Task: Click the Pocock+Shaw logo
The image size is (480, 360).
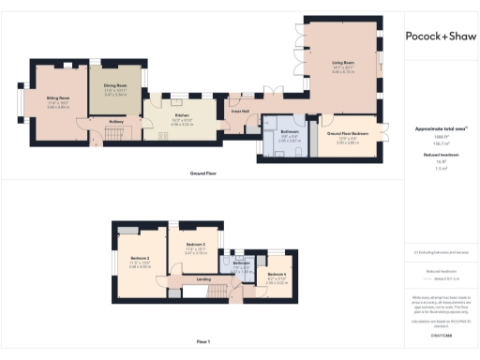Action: (x=440, y=37)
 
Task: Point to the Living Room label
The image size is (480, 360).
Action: (x=340, y=64)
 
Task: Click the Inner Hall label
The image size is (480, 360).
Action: (x=240, y=112)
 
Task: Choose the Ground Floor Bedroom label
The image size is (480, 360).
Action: (x=347, y=134)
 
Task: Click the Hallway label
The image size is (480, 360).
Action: (x=117, y=120)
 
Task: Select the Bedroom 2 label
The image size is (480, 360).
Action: (x=141, y=258)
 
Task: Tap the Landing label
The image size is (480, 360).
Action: (x=202, y=278)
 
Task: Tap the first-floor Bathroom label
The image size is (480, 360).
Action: (x=241, y=263)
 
